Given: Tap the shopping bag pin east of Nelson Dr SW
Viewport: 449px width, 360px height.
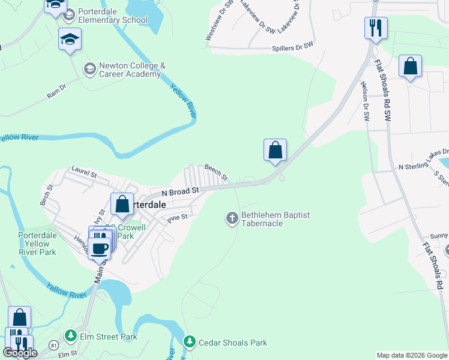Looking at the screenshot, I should tap(410, 67).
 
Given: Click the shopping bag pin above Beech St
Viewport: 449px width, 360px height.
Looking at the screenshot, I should tap(275, 150).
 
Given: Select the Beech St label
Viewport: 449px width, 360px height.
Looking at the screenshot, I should tap(216, 173).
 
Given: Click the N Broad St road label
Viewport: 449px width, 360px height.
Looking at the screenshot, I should tap(180, 192).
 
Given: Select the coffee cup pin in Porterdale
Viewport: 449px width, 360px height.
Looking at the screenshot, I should tap(100, 247).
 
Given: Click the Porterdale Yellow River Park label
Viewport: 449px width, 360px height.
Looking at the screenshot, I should tap(37, 244).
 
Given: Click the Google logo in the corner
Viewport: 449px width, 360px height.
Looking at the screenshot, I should tap(20, 353).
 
